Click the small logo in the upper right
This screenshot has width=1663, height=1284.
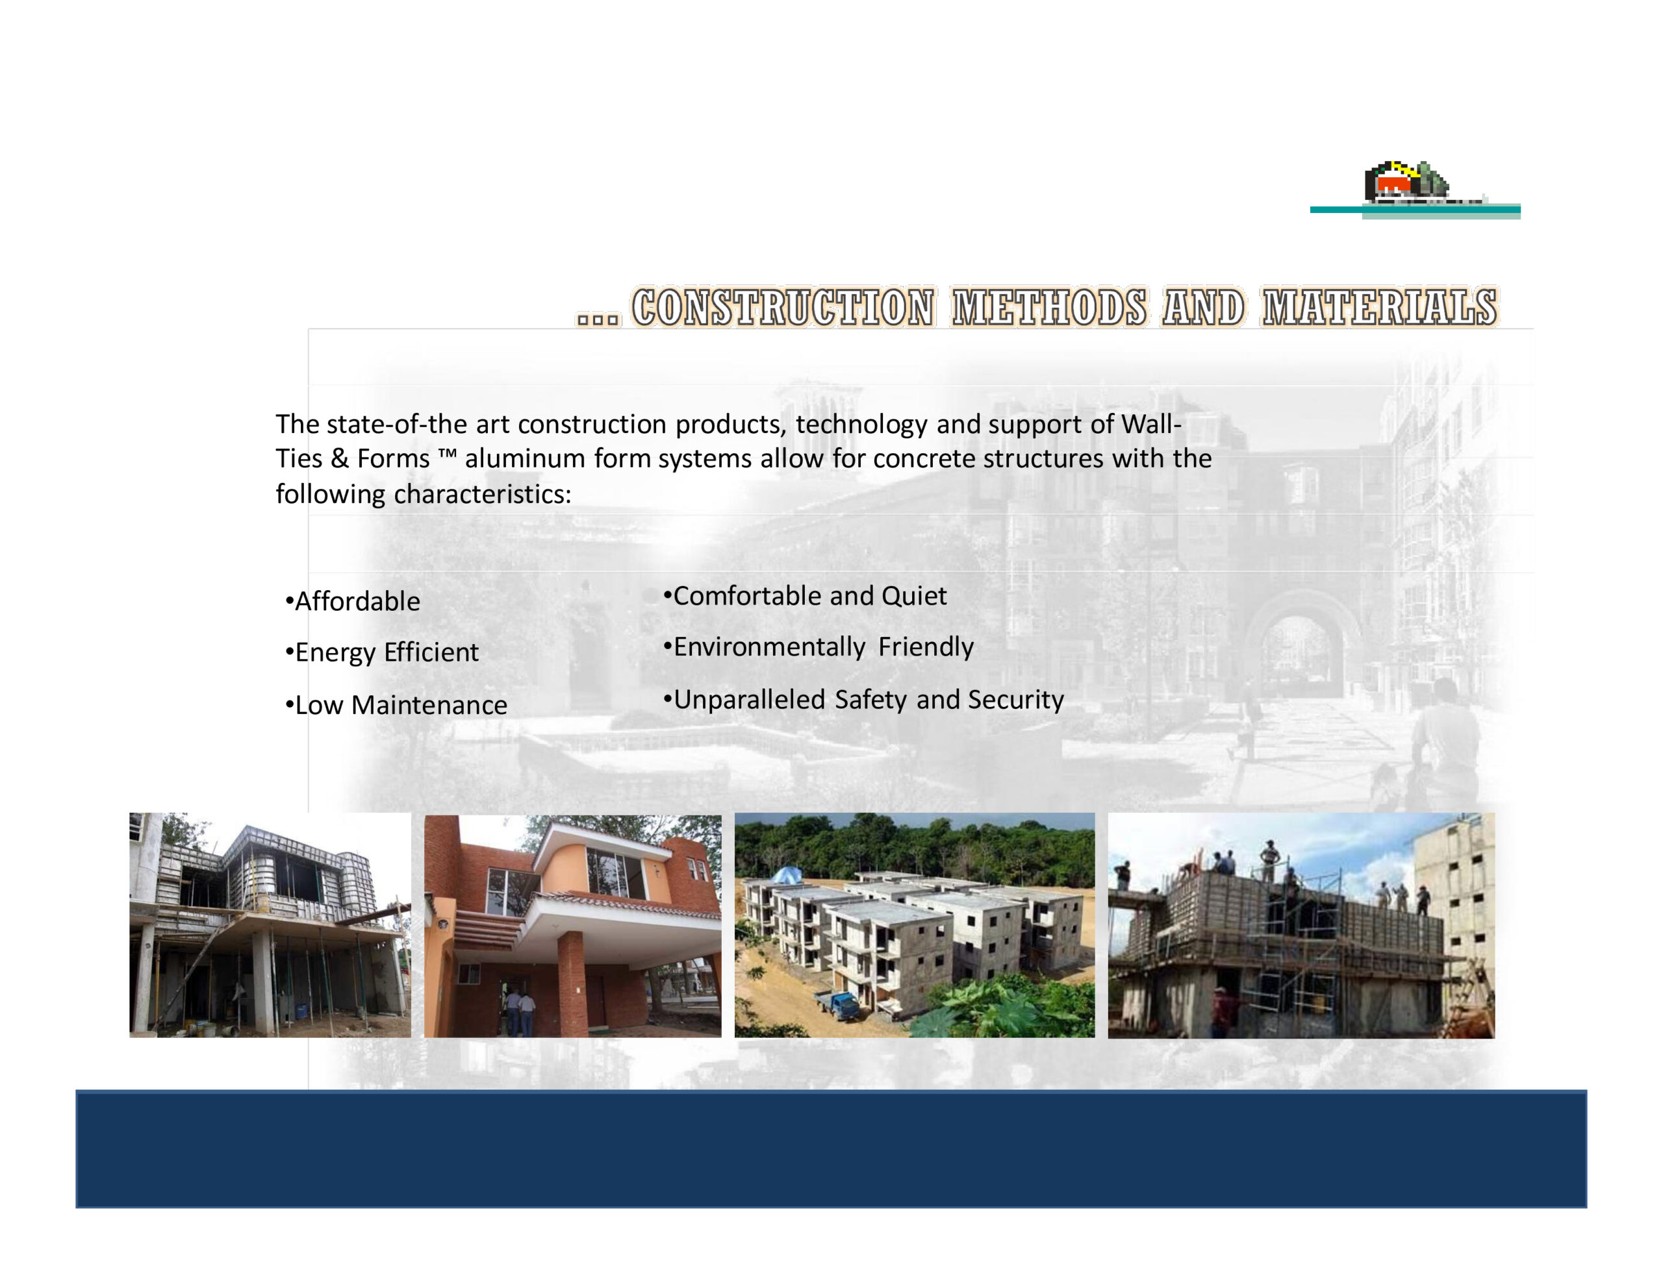click(x=1415, y=190)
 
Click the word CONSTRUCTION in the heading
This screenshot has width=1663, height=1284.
click(x=783, y=308)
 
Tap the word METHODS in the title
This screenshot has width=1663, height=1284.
click(x=1049, y=308)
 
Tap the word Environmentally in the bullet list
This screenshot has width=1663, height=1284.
click(x=769, y=648)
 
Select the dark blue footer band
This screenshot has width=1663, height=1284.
click(x=831, y=1149)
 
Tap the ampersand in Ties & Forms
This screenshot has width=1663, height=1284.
click(x=340, y=459)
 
